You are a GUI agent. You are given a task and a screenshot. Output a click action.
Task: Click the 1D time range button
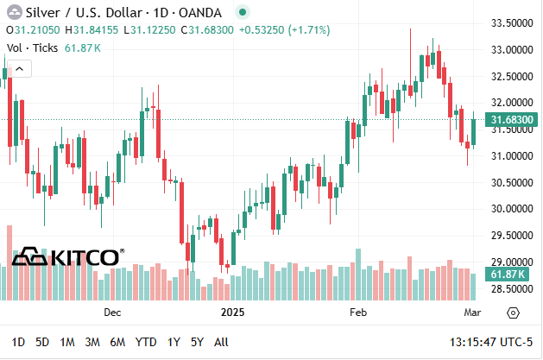coord(18,342)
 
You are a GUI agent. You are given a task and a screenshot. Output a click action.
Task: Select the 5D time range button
coord(42,342)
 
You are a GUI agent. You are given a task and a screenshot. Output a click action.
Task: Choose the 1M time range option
coord(67,342)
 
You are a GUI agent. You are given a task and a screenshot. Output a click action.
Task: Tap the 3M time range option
coord(92,342)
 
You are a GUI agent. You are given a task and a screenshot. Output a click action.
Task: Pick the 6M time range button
coord(117,342)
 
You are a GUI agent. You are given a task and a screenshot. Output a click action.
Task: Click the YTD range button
coord(146,342)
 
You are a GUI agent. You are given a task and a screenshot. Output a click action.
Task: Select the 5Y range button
coord(197,342)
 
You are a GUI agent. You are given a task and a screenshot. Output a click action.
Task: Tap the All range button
coord(221,342)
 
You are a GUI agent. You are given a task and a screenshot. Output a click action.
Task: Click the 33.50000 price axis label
coord(512,23)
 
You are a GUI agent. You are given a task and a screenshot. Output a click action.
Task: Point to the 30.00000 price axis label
coord(512,209)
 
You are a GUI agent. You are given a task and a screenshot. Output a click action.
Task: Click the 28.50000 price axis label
coord(512,288)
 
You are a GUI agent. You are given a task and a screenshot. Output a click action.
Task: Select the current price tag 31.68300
coord(511,120)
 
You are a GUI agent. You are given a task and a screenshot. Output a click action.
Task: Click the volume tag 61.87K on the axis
coord(511,275)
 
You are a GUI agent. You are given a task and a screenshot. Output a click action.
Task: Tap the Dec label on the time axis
coord(112,313)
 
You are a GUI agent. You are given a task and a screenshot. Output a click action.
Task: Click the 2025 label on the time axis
coord(233,313)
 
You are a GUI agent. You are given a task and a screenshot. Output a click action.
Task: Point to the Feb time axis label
coord(358,313)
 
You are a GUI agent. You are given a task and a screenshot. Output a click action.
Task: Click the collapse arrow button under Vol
coord(19,68)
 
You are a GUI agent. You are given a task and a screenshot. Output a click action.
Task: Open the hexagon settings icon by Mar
coord(513,313)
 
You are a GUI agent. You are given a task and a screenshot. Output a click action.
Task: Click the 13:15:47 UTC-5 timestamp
coord(491,342)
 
